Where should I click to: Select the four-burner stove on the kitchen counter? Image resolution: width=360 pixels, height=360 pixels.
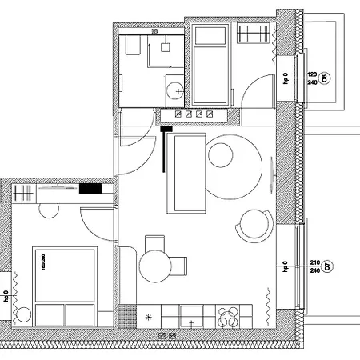[x=228, y=315]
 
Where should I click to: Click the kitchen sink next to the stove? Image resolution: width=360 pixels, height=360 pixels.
[x=192, y=315]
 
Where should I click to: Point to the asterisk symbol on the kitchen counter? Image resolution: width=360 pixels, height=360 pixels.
[x=148, y=318]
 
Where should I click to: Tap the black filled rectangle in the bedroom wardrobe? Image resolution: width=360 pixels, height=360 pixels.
[x=90, y=190]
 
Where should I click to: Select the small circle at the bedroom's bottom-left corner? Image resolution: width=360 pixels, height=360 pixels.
[x=24, y=314]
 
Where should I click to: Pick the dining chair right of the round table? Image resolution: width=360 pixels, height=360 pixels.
[x=182, y=263]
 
